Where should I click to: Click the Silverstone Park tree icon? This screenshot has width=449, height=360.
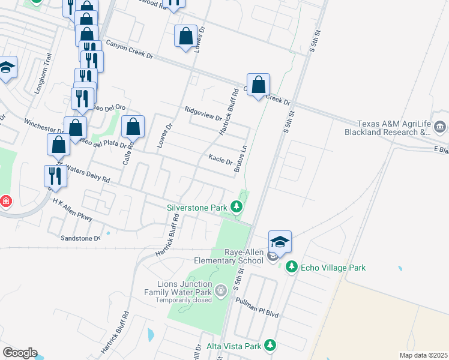coord(237,208)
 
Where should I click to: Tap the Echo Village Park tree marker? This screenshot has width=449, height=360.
coord(292,267)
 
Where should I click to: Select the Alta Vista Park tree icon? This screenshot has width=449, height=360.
coord(271,346)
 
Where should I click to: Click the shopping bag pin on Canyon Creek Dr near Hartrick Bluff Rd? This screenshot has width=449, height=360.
coord(258,85)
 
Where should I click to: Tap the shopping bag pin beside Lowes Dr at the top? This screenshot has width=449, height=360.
coord(185,36)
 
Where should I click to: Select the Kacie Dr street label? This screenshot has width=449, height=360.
coord(220,160)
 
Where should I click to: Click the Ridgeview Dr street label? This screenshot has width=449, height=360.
coord(203,113)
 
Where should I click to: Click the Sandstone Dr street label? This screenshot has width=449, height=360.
coord(80,238)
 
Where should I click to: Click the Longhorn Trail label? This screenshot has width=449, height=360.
coord(47,70)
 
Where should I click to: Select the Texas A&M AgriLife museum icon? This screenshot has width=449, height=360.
coord(440,127)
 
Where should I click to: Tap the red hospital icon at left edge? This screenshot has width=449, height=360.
coord(5,201)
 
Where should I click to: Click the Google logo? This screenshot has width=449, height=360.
coord(20,353)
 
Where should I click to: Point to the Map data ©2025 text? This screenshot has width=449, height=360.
coord(423,355)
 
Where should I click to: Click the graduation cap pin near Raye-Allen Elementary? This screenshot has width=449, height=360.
coord(280,242)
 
